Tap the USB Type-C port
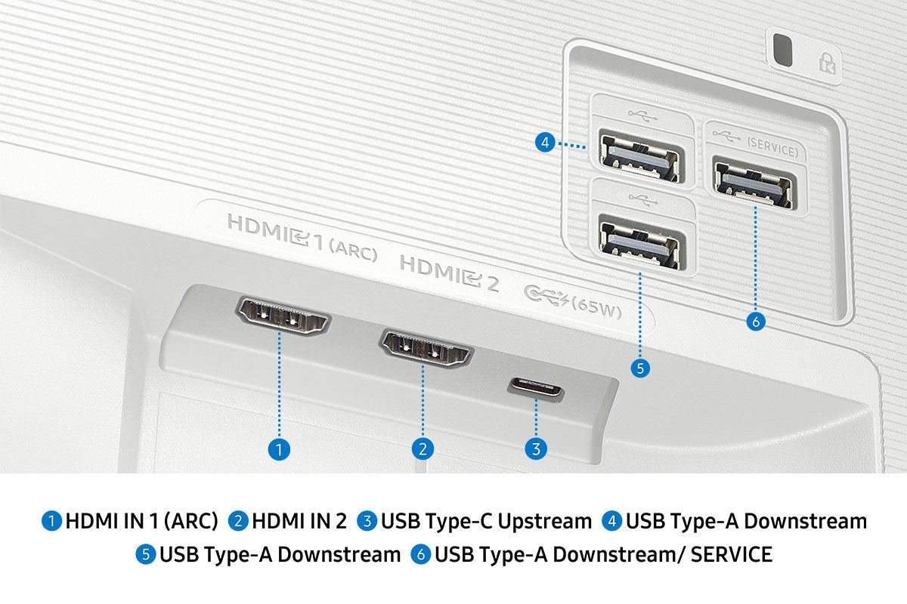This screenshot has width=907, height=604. (535, 389)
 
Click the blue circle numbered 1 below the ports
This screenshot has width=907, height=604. (279, 449)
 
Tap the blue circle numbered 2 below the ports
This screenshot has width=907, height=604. (423, 449)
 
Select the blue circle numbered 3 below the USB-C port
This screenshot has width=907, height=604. (535, 449)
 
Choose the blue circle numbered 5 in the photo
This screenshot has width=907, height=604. (639, 368)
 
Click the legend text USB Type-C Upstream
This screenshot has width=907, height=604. (486, 521)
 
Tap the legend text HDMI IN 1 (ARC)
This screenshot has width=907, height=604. (141, 521)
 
